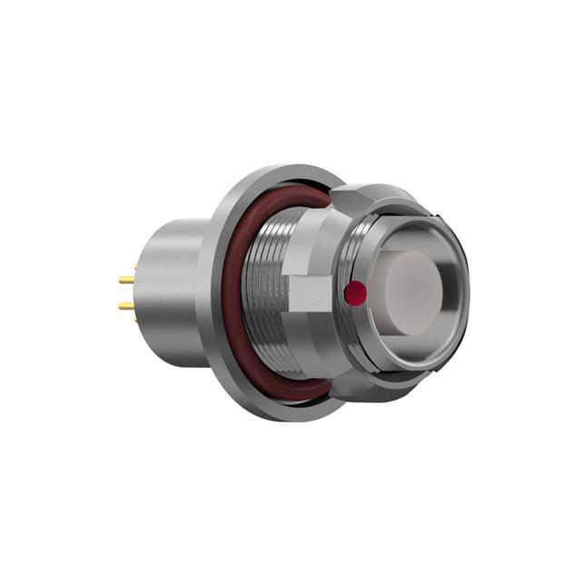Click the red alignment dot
coord(357,292)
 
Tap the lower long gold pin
coord(125,306)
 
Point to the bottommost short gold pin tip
coord(134,320)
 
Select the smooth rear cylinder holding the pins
coord(177,281)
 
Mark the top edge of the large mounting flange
coord(272,169)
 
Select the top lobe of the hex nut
coord(363,194)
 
